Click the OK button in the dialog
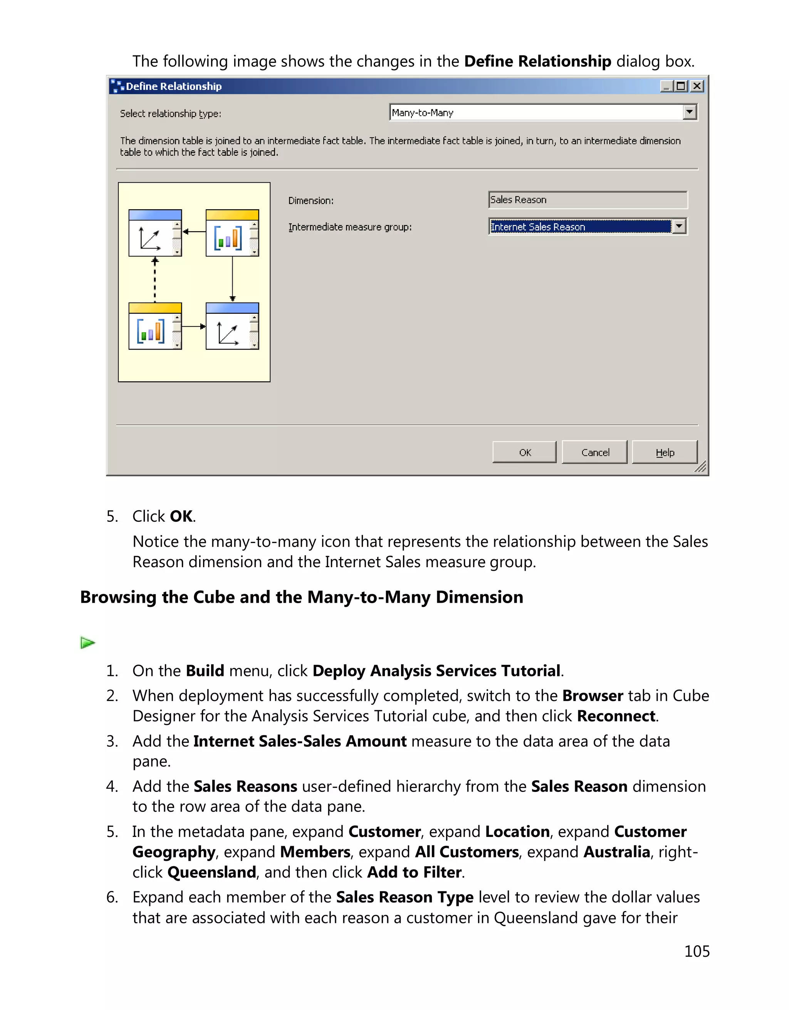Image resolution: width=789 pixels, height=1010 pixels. pyautogui.click(x=524, y=452)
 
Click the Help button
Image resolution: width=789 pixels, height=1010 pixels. pyautogui.click(x=664, y=452)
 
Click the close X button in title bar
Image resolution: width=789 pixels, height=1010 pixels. pyautogui.click(x=697, y=86)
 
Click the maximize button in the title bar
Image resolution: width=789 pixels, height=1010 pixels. pyautogui.click(x=681, y=86)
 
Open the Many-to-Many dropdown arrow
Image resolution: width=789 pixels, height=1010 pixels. pyautogui.click(x=689, y=112)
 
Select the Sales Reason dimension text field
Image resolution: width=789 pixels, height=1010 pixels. pyautogui.click(x=587, y=200)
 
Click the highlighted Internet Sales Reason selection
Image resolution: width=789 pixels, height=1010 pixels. pyautogui.click(x=580, y=227)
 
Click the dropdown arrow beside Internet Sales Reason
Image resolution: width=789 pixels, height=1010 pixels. pyautogui.click(x=678, y=227)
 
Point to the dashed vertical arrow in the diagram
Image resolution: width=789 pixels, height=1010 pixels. pyautogui.click(x=155, y=280)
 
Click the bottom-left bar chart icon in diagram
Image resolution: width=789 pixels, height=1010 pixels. pyautogui.click(x=151, y=331)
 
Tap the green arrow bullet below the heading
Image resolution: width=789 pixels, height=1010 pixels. pyautogui.click(x=87, y=642)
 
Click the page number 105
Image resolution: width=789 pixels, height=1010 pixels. pyautogui.click(x=697, y=951)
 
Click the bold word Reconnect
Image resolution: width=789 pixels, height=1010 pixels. pyautogui.click(x=616, y=716)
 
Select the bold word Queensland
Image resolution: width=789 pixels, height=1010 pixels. pyautogui.click(x=212, y=872)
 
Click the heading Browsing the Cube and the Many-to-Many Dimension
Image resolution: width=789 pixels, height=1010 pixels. pyautogui.click(x=301, y=597)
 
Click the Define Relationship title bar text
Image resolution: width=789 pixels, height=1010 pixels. pyautogui.click(x=174, y=86)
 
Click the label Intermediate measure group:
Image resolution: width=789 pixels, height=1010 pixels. pyautogui.click(x=350, y=227)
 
